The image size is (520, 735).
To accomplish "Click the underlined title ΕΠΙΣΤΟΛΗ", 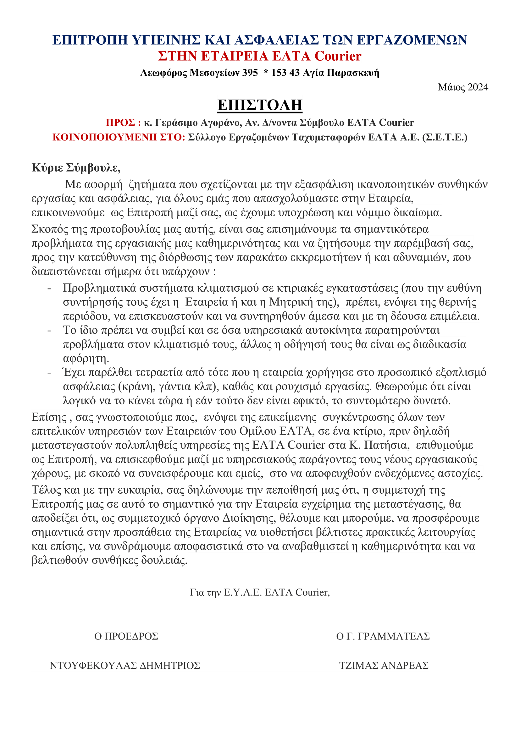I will tap(260, 105).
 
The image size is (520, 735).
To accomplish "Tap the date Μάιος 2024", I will tap(463, 87).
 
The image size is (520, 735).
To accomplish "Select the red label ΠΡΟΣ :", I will tap(123, 123).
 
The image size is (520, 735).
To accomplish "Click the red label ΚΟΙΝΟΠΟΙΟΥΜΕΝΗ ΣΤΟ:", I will tap(119, 137).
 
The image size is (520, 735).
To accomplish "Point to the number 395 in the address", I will tap(250, 73).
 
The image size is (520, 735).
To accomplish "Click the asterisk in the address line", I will tap(265, 72).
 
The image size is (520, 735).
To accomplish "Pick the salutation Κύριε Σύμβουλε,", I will tap(76, 167).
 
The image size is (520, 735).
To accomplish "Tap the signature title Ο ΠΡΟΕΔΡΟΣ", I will tap(126, 636).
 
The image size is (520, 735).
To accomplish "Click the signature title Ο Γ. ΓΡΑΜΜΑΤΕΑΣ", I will tap(383, 636).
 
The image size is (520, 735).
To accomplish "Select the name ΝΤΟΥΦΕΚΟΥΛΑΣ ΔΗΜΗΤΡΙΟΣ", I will tap(125, 666).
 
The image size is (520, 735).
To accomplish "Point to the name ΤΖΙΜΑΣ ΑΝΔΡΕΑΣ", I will tap(384, 666).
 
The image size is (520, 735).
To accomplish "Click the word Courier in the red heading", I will tap(338, 56).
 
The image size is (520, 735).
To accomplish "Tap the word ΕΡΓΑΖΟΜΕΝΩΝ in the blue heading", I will tap(412, 40).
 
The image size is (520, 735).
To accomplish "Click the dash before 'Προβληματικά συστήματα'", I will tap(49, 288).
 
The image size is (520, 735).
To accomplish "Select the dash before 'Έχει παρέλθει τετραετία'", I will tap(49, 373).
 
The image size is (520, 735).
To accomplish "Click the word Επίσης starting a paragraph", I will tap(49, 417).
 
